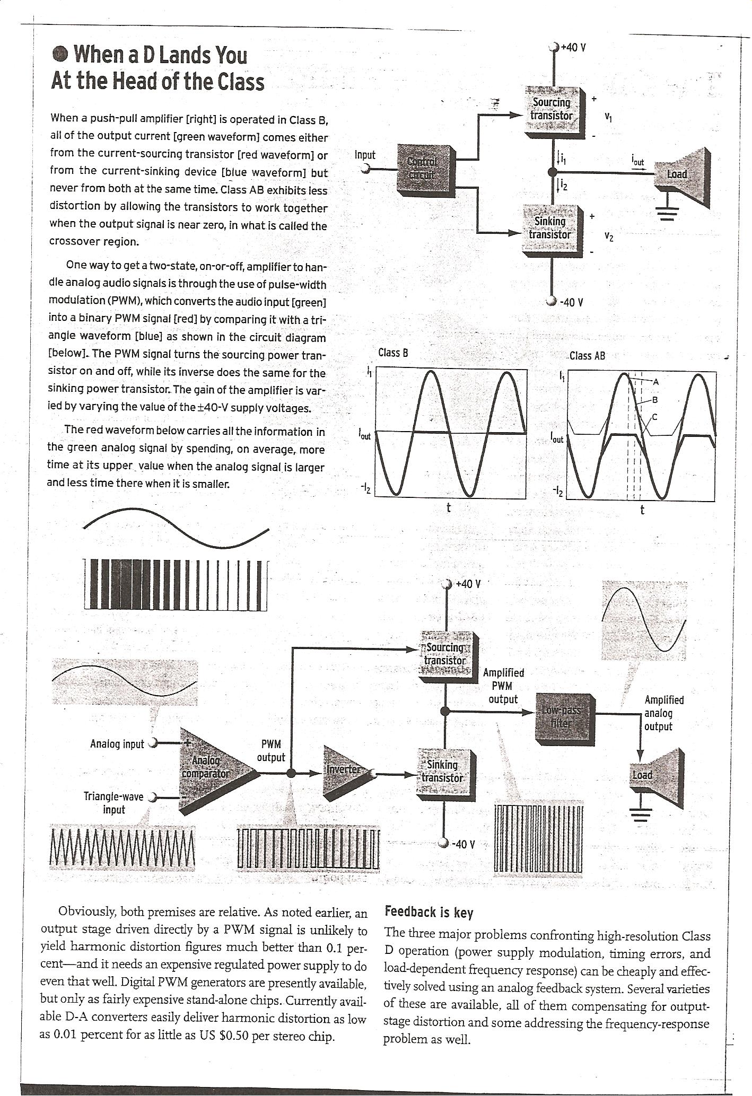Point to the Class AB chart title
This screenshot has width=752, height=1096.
[x=587, y=356]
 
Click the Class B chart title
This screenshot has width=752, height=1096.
[x=393, y=353]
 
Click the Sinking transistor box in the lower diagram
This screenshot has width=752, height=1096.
[x=444, y=772]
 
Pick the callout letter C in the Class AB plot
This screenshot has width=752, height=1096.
[x=654, y=417]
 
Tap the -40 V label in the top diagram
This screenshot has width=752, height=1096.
[x=572, y=303]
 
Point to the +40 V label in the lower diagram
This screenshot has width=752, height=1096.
[x=468, y=584]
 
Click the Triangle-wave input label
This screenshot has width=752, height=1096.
[x=113, y=803]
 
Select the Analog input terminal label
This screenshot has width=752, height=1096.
[x=117, y=744]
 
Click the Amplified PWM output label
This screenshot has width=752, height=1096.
[x=503, y=686]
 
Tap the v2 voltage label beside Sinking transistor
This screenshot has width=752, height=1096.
[x=609, y=238]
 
